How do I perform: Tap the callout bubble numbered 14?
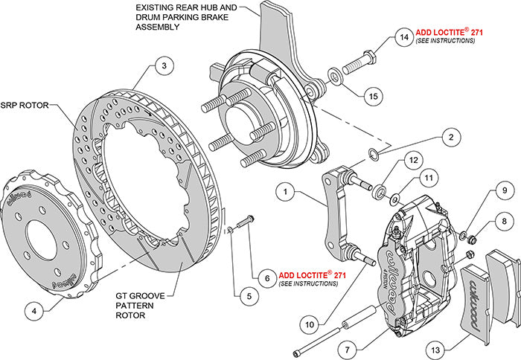click(x=403, y=36)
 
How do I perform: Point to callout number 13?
click(x=436, y=348)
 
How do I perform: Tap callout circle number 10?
click(x=310, y=324)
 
